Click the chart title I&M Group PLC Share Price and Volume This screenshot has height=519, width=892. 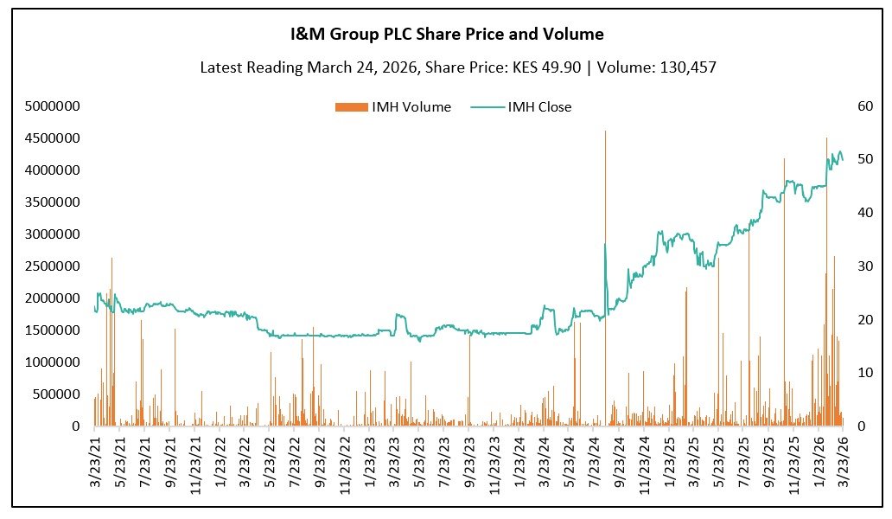(446, 35)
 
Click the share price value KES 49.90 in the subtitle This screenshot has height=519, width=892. (540, 67)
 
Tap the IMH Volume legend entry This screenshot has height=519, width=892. (392, 107)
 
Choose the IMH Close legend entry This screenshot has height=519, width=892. (520, 107)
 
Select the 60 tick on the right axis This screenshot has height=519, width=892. (860, 106)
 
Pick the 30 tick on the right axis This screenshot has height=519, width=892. (860, 266)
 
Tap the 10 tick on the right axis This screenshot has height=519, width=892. (860, 373)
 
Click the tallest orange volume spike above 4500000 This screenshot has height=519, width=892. (605, 134)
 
